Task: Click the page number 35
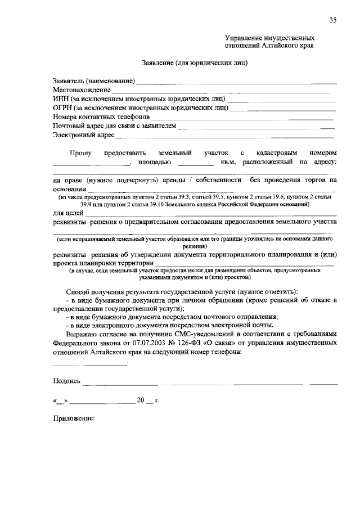click(x=333, y=20)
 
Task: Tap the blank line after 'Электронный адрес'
click(x=225, y=136)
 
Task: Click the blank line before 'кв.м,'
click(x=195, y=164)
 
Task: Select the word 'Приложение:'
click(x=73, y=418)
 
